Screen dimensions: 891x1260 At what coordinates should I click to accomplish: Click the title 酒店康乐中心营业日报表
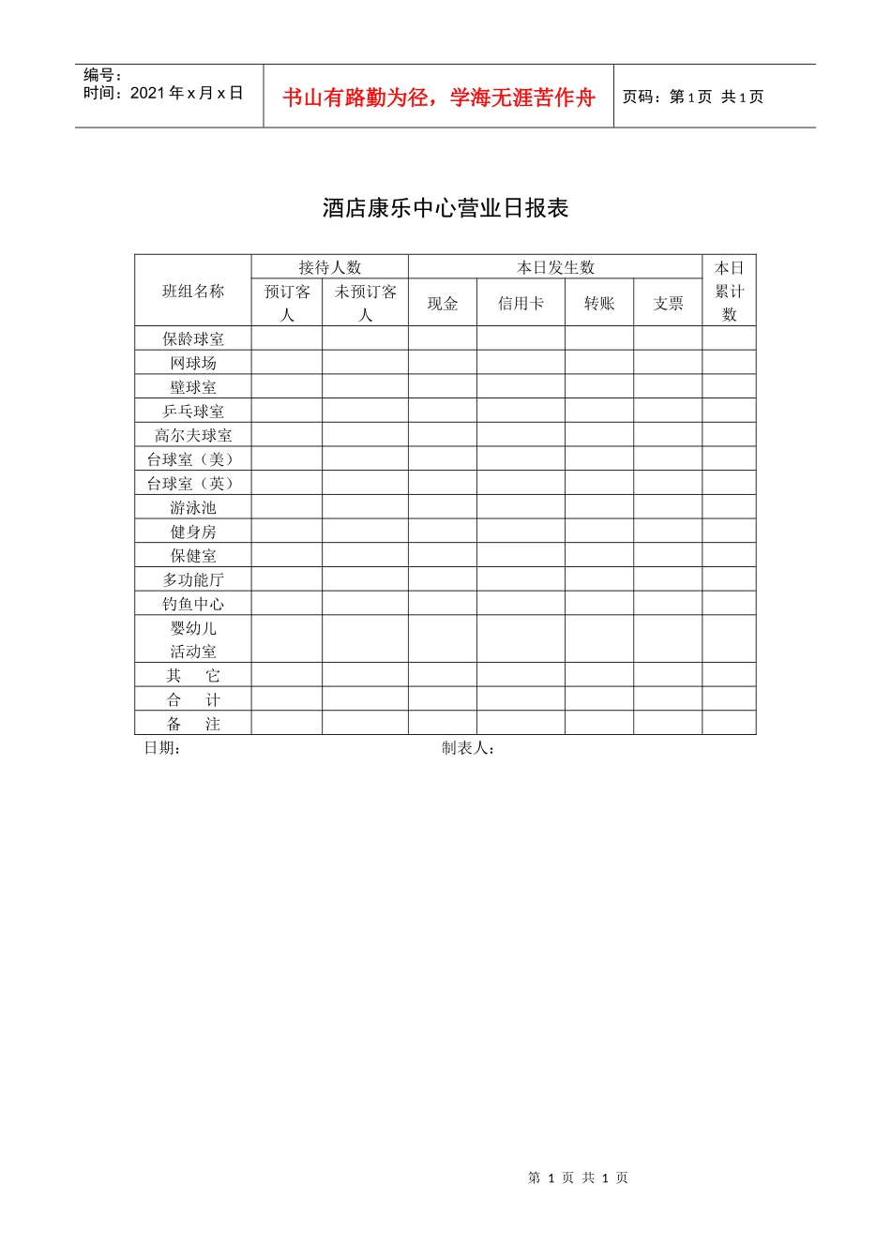click(445, 208)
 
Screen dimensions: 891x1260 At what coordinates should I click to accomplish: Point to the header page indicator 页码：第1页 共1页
click(693, 97)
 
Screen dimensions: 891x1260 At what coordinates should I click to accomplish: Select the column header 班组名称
click(193, 291)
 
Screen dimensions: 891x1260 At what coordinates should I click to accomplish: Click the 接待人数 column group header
click(329, 267)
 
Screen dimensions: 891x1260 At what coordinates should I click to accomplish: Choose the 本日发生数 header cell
click(555, 267)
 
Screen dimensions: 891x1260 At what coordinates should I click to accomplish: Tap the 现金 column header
click(443, 303)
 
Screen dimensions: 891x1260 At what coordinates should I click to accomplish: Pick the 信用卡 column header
click(521, 303)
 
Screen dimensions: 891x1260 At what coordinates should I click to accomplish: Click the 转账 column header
click(599, 303)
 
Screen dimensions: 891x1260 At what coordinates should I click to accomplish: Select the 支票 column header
click(668, 303)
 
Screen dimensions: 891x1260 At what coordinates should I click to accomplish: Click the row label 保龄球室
click(193, 338)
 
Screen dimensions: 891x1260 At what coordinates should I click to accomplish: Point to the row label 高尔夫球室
click(193, 435)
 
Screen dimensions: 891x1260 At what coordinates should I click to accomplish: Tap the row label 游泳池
click(193, 507)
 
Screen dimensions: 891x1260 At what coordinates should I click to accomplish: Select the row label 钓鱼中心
click(193, 604)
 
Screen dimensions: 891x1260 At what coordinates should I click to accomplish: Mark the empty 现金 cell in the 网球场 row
click(443, 363)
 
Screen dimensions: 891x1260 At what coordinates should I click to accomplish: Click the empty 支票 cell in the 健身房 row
click(668, 532)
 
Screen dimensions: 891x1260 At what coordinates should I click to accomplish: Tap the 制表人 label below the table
click(468, 747)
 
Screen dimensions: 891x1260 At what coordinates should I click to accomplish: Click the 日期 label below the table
click(162, 747)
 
